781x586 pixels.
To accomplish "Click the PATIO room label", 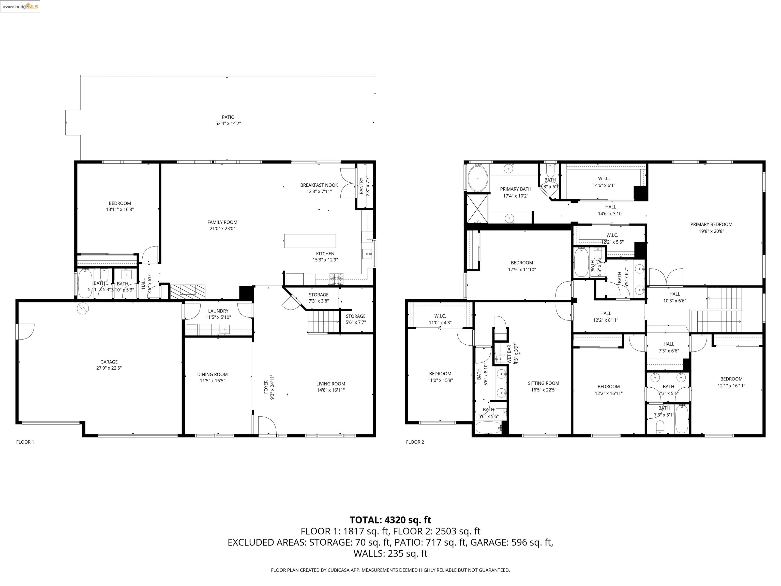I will click(x=228, y=117).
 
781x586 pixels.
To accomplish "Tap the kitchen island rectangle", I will click(x=310, y=241).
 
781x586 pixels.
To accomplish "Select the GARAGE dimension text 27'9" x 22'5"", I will click(x=109, y=368).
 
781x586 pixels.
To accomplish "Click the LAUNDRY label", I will click(x=218, y=311).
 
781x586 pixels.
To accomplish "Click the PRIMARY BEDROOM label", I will click(x=711, y=224).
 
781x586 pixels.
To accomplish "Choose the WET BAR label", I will click(x=509, y=354).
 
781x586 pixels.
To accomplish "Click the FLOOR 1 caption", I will click(x=25, y=442).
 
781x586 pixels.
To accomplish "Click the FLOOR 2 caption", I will click(x=415, y=442).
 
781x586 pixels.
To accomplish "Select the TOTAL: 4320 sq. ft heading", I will click(x=390, y=520).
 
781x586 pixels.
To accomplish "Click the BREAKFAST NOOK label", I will click(x=319, y=185).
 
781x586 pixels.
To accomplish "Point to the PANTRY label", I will click(x=361, y=186).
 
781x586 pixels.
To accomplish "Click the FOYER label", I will click(x=266, y=387).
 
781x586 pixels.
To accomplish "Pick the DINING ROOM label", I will click(x=212, y=374).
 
